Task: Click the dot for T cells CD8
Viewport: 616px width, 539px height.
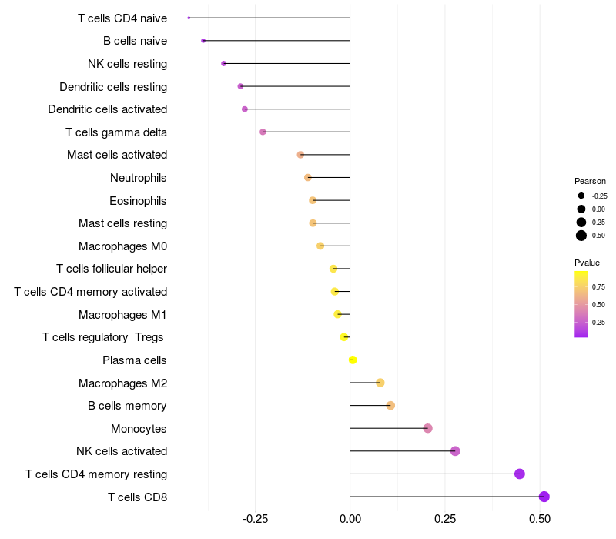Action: point(544,497)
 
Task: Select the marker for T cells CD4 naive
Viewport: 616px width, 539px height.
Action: point(189,18)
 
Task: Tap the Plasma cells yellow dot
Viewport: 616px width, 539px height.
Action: point(353,360)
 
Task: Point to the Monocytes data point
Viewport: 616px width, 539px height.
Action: point(428,428)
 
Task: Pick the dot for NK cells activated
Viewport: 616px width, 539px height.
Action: point(455,451)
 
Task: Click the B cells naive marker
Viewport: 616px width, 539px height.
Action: point(203,41)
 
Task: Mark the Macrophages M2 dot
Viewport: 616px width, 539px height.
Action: point(380,383)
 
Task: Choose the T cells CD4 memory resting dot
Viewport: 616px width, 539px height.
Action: point(519,474)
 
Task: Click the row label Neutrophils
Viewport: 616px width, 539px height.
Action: point(139,178)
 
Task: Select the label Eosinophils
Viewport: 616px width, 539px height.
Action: point(138,201)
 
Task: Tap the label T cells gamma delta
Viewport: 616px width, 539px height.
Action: point(116,132)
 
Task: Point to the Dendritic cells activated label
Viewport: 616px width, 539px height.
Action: point(108,109)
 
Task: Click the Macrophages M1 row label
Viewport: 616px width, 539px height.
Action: point(122,315)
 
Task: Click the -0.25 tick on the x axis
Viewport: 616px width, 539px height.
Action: point(256,519)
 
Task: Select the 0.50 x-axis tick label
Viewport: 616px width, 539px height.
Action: point(540,519)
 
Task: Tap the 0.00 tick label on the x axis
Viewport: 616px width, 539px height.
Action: point(350,519)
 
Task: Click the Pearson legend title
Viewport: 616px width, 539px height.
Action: point(590,181)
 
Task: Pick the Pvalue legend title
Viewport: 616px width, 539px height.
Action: point(587,263)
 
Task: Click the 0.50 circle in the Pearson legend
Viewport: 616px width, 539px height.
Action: point(581,236)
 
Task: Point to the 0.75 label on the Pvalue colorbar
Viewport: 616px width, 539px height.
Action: point(598,287)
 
